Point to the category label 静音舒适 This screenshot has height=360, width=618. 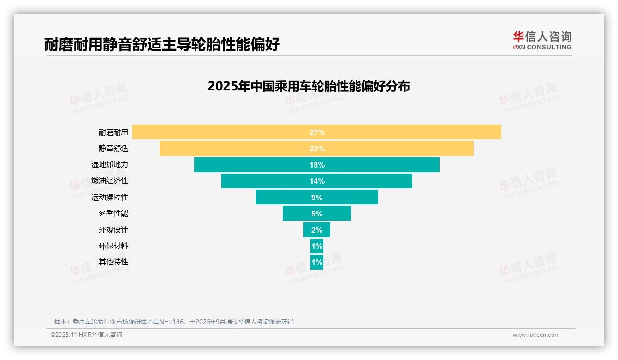(113, 149)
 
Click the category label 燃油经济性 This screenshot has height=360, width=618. (110, 181)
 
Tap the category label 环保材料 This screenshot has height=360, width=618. (113, 246)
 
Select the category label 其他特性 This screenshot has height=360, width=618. (113, 262)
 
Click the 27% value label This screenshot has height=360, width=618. (317, 132)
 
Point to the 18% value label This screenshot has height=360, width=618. (317, 165)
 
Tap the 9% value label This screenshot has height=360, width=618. (317, 198)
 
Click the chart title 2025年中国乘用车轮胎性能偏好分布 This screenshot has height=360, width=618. (309, 86)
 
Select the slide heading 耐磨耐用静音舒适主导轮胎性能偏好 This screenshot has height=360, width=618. (162, 45)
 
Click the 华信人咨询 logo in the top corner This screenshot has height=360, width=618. (542, 41)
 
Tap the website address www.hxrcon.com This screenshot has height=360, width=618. (536, 335)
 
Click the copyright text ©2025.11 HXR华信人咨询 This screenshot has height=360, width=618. (86, 335)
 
